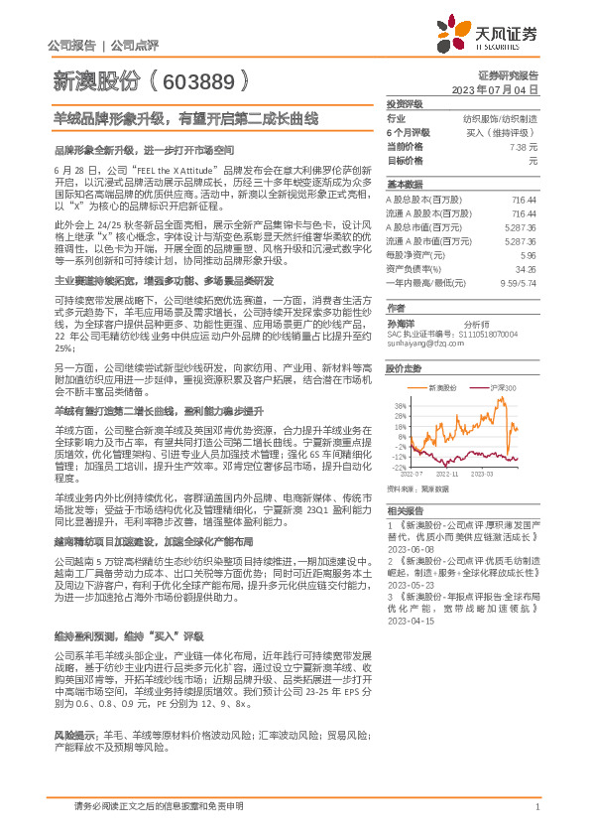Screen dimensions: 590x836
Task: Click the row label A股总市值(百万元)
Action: pos(416,227)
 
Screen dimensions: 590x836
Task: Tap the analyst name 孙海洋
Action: pos(400,323)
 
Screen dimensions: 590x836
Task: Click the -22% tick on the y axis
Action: pos(400,466)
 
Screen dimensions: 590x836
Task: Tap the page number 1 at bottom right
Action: pos(536,806)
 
